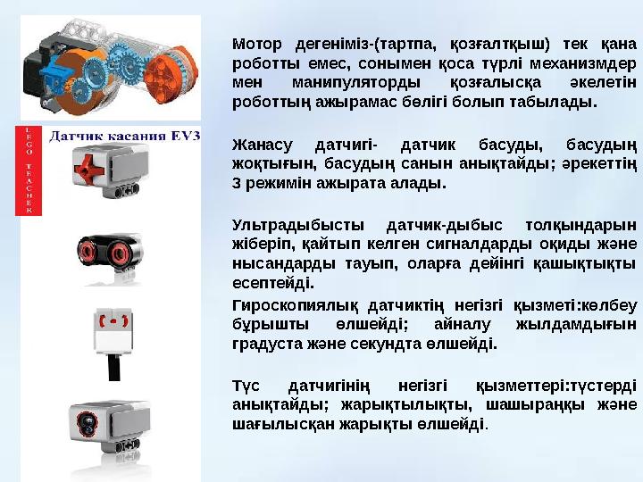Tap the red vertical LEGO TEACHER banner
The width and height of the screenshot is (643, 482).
pos(29,170)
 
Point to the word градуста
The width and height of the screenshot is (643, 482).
pos(264,344)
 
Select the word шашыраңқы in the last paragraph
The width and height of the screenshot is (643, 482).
pos(522,406)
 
